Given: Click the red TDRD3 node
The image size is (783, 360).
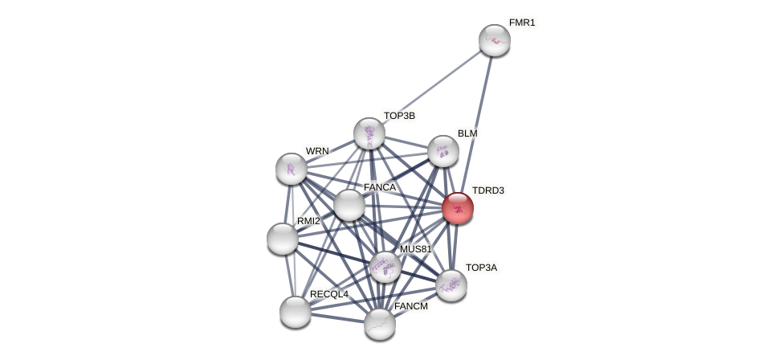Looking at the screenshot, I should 457,208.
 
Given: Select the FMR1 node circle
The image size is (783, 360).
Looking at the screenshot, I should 494,40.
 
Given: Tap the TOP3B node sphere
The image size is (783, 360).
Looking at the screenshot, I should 369,133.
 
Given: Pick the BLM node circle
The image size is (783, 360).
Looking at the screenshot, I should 442,151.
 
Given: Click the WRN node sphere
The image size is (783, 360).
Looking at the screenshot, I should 291,169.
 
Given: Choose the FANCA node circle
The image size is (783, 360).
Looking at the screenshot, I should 349,205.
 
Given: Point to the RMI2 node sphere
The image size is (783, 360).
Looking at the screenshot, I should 283,239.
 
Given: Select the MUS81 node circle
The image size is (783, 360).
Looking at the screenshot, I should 385,267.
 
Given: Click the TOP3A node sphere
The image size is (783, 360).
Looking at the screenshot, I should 451,285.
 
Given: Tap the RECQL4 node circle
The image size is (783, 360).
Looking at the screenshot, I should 296,312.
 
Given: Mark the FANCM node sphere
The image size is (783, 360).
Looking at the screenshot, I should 380,323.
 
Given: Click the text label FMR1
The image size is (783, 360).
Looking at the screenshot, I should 521,22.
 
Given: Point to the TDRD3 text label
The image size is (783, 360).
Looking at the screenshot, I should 487,190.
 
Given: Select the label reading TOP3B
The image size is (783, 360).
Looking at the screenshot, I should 399,116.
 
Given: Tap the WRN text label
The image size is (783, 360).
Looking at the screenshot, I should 317,151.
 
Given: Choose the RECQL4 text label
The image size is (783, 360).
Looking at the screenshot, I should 329,294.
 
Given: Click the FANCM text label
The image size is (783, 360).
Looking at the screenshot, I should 411,306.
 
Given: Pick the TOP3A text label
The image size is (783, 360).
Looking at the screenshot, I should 481,268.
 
